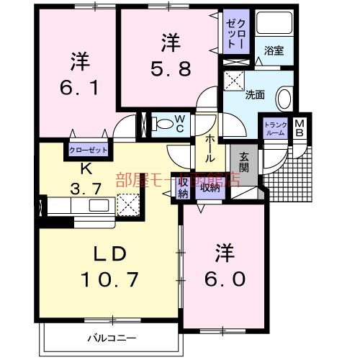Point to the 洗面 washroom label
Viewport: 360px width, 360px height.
[256, 94]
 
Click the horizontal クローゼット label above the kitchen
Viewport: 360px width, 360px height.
[88, 150]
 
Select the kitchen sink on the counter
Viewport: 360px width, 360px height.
[96, 205]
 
